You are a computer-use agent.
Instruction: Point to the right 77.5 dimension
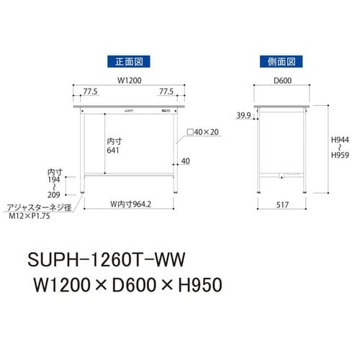click(x=166, y=93)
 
